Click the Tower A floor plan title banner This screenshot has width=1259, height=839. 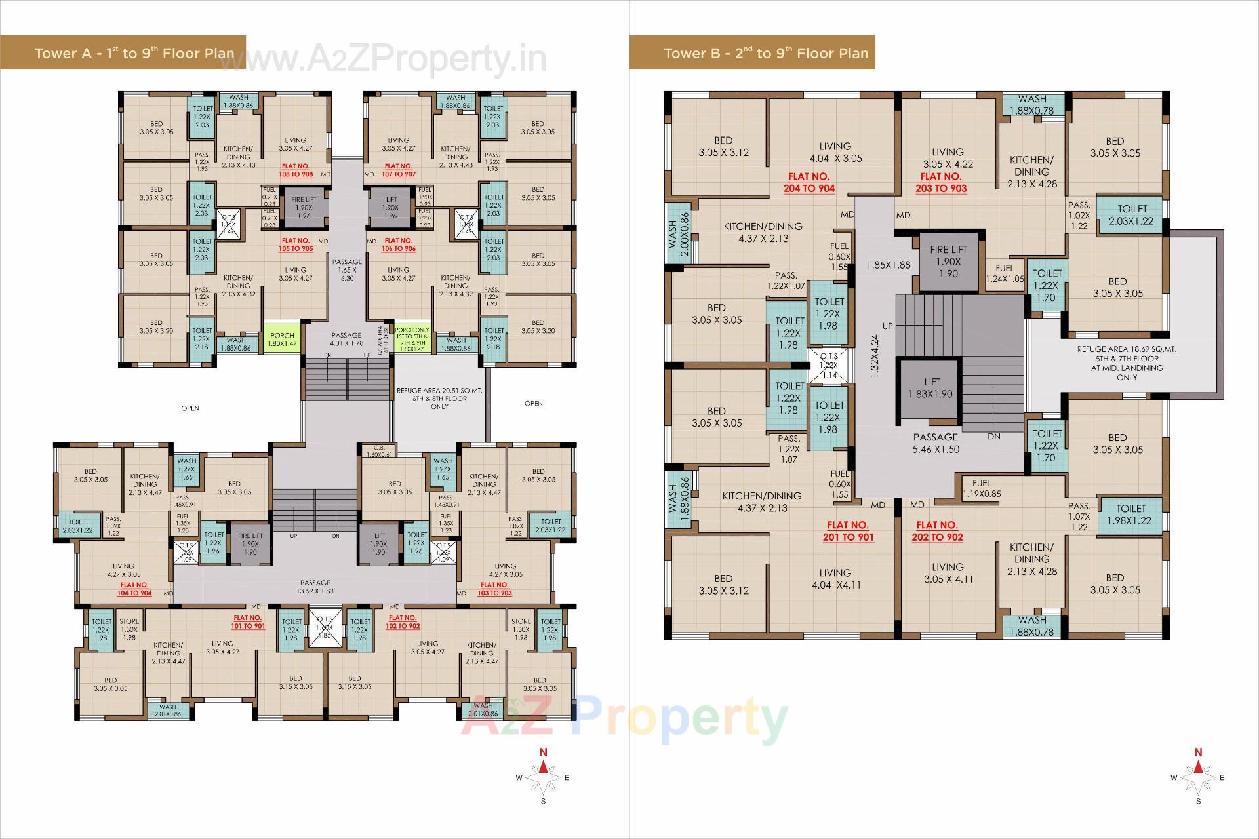125,52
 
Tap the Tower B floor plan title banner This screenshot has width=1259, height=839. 751,52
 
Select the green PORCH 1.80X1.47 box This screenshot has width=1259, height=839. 283,339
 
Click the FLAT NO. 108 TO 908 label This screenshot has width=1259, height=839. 296,170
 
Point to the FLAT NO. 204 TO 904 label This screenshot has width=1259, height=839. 809,182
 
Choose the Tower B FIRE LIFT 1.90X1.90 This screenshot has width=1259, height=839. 948,262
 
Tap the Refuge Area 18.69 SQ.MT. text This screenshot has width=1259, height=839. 1127,363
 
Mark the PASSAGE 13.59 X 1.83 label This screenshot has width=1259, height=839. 315,587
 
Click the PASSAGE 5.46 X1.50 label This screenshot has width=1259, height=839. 935,443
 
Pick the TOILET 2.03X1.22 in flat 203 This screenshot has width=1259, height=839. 1131,216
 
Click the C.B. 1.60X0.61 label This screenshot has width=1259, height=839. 378,450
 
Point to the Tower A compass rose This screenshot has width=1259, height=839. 543,777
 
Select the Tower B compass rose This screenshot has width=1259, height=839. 1198,777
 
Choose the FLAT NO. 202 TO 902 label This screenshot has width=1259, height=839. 937,531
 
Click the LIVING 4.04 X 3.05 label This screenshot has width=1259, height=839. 835,152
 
